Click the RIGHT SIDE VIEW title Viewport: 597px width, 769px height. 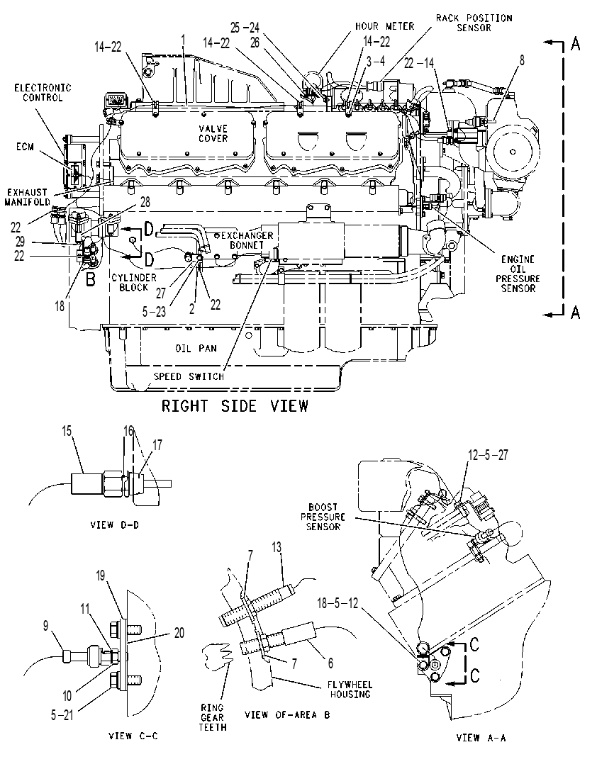(235, 406)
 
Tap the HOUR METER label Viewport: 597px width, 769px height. (384, 26)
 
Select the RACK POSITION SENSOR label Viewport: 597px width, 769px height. (474, 23)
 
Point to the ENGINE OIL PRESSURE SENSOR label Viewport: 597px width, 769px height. (518, 274)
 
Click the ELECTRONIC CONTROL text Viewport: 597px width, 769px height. (43, 93)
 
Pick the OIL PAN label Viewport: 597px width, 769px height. (196, 348)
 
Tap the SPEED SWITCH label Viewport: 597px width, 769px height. (189, 376)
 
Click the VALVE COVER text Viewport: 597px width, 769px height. (213, 133)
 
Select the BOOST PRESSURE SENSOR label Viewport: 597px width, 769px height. (323, 517)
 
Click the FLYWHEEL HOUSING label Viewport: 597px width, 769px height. (350, 690)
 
